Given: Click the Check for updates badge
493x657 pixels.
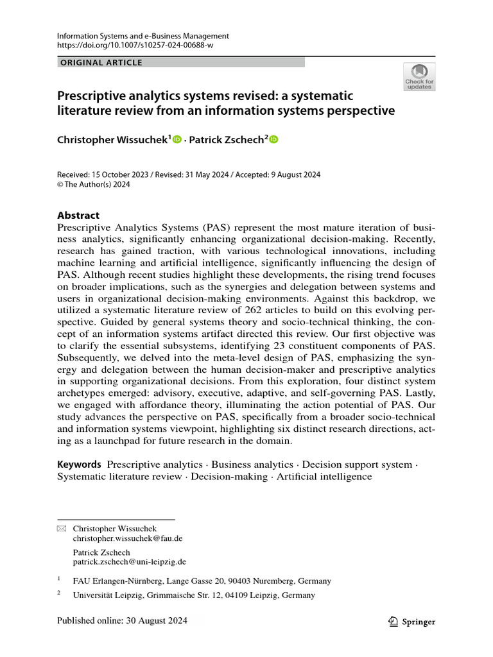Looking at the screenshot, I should tap(419, 76).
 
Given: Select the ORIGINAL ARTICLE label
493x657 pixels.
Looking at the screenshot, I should tap(101, 62).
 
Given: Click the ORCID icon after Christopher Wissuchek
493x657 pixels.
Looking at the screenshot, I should tap(177, 139).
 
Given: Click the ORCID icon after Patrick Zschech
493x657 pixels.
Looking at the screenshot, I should tap(273, 139).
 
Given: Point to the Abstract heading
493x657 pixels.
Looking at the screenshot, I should tap(78, 216).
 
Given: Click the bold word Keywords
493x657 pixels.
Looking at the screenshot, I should tap(79, 464).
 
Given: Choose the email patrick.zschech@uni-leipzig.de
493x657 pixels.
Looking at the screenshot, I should tap(130, 561).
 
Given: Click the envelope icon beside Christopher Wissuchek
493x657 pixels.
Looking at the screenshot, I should tap(62, 529).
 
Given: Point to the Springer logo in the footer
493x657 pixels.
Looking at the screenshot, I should tap(413, 621).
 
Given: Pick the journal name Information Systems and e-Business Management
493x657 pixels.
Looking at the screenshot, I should tap(143, 37).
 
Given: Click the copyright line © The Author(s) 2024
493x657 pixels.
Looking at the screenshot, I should tap(94, 185).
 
